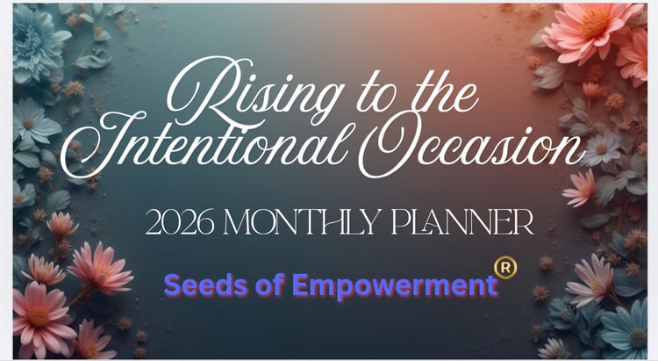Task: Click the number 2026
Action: click(x=179, y=222)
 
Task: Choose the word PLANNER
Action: click(x=462, y=222)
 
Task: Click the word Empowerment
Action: click(x=395, y=285)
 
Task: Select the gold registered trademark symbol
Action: click(x=505, y=268)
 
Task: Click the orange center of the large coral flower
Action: click(x=594, y=23)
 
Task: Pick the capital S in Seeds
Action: click(x=172, y=285)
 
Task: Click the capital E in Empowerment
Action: click(x=300, y=285)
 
